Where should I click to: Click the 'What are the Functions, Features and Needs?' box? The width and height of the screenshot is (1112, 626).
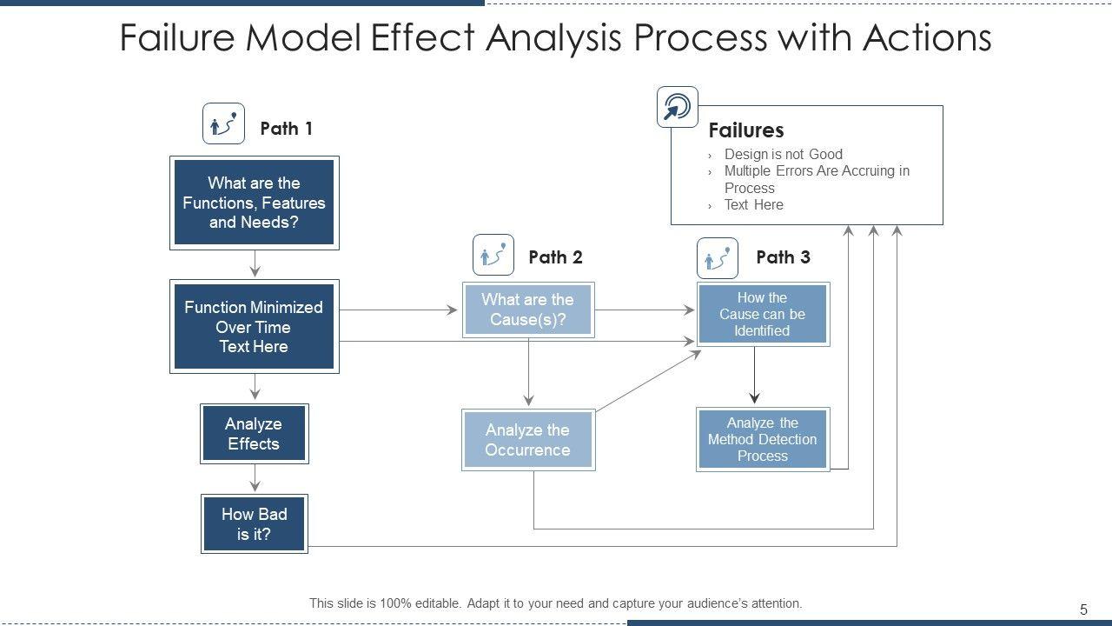click(x=255, y=203)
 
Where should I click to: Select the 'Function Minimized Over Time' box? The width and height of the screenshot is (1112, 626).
click(x=255, y=326)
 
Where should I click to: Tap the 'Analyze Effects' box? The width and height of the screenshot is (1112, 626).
click(x=255, y=434)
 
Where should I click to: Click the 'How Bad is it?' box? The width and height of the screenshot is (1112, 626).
click(x=255, y=523)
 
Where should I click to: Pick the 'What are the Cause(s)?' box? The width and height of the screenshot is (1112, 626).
click(x=528, y=310)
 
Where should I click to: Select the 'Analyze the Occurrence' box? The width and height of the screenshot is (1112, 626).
click(x=528, y=440)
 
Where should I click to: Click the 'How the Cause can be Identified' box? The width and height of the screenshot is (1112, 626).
click(x=763, y=314)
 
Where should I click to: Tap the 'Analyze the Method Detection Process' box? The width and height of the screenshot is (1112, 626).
click(x=763, y=439)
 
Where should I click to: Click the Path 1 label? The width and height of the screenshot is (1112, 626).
click(x=287, y=129)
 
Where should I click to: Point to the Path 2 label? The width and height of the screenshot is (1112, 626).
click(x=555, y=257)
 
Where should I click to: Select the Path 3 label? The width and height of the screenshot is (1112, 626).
click(x=784, y=257)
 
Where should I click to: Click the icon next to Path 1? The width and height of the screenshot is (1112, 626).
click(x=223, y=123)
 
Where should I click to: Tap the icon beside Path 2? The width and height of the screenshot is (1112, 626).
click(x=493, y=255)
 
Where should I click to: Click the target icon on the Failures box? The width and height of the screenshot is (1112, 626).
click(x=677, y=107)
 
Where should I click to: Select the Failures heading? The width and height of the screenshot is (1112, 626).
click(x=746, y=130)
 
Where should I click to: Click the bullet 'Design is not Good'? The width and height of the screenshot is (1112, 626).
click(x=784, y=154)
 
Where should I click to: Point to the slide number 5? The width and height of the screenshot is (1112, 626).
click(x=1083, y=609)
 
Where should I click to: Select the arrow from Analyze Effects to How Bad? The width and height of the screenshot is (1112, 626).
click(x=255, y=478)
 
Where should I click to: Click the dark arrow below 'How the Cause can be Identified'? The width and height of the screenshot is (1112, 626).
click(x=755, y=375)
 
